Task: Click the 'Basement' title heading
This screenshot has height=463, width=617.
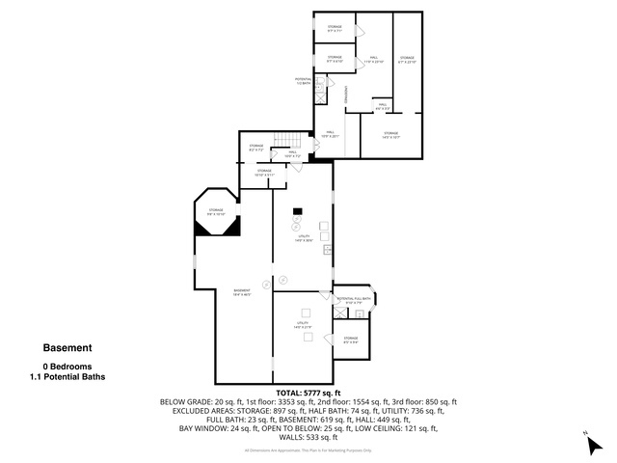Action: click(x=67, y=348)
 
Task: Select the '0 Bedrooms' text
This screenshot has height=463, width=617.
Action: click(x=67, y=367)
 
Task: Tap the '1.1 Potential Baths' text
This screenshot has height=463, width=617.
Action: click(x=67, y=377)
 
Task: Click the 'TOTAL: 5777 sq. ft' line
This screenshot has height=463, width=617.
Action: click(x=308, y=393)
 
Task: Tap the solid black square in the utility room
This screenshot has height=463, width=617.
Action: click(x=298, y=211)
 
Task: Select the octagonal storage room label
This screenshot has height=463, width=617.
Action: click(x=215, y=211)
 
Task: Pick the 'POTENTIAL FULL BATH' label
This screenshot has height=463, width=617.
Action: click(x=354, y=300)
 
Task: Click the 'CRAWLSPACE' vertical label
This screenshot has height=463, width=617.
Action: click(x=342, y=95)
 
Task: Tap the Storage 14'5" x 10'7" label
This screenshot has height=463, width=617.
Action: click(x=390, y=135)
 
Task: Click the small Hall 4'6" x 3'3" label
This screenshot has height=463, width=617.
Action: click(x=383, y=106)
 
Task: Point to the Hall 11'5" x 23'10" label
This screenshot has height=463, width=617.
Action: click(x=373, y=60)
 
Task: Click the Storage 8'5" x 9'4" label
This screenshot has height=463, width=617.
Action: click(x=350, y=340)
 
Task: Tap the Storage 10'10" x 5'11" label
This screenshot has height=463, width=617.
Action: click(x=265, y=175)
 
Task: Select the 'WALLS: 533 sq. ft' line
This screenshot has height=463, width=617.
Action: click(x=308, y=437)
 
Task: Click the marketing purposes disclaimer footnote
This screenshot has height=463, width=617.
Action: click(x=308, y=449)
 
